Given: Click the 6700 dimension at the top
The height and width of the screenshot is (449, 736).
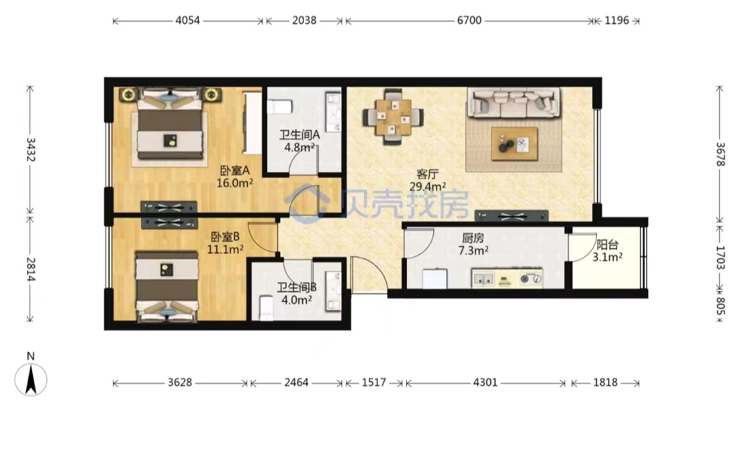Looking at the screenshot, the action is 469,20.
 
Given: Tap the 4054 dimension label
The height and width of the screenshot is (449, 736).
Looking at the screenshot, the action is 187,20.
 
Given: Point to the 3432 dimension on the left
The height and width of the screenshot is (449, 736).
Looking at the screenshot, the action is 30,150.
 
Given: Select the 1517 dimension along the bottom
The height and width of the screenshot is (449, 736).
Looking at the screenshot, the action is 373,383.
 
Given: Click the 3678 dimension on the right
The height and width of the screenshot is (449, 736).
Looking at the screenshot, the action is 720,155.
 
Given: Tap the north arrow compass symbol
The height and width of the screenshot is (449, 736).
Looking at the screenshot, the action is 31,379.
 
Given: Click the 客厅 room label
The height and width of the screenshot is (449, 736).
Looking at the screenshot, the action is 427,174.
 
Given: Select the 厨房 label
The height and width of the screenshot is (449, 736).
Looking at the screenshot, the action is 473,238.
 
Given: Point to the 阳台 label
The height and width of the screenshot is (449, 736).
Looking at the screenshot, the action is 607,244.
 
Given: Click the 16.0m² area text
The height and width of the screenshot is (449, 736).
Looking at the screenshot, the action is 234,183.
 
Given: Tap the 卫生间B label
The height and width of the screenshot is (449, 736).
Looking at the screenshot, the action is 296,287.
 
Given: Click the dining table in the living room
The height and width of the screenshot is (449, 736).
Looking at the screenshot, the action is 393,117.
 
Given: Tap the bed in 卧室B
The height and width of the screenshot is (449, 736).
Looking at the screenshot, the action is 167,287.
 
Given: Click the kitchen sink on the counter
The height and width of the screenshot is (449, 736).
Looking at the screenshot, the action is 483,279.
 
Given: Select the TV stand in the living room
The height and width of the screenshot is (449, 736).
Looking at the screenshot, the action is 512,216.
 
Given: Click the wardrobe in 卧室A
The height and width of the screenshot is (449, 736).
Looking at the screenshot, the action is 252,123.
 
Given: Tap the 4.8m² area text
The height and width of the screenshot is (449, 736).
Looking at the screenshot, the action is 299,147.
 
